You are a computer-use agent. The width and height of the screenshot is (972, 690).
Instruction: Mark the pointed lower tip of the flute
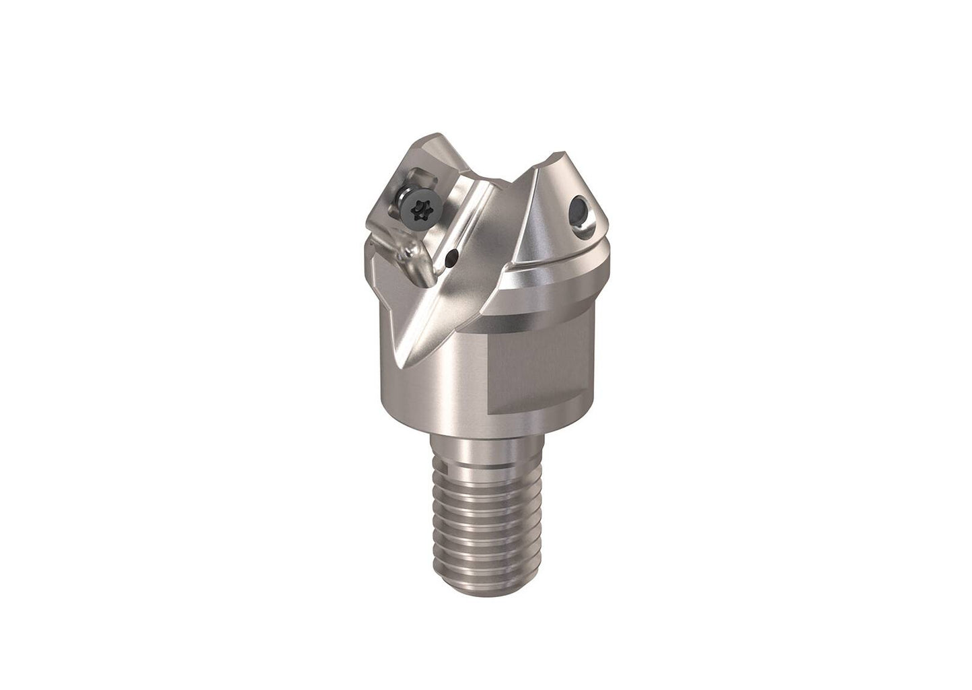(405, 366)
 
